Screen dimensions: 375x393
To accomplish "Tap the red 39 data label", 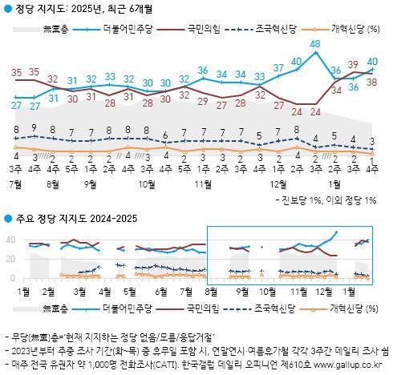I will (x=353, y=64).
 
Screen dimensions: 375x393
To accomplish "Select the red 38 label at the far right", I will (x=372, y=82).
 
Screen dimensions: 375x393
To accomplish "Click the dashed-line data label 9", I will (x=34, y=127).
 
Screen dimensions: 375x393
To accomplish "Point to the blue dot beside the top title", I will (x=8, y=8).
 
